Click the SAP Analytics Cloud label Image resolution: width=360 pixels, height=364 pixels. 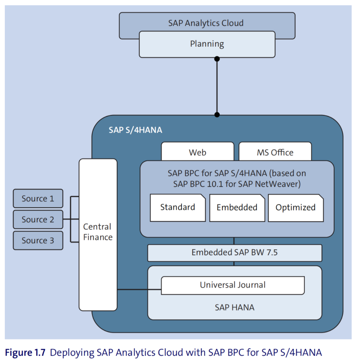coord(206,23)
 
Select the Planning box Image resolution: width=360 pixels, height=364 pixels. coord(207,44)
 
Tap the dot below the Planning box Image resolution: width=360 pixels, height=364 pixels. coord(217,59)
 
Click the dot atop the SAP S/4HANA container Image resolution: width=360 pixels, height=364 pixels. coord(217,115)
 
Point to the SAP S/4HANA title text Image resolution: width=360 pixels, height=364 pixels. coord(136,130)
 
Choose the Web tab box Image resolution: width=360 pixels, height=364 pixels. coord(198,151)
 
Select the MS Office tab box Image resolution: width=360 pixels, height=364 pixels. coord(275,151)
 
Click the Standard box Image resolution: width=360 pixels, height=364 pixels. coord(178,208)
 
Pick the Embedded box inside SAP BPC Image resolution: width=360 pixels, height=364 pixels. coord(237,208)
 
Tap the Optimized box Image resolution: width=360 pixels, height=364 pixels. coord(296,208)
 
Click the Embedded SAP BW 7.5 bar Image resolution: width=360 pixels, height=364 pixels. coord(235,253)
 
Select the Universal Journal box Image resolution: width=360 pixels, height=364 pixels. coord(233,285)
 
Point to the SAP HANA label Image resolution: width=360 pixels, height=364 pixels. coord(235,307)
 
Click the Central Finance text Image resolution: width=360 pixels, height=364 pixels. coord(98,232)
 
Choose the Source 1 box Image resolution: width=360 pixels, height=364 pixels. coord(38,199)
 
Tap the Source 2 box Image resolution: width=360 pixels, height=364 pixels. coord(38,219)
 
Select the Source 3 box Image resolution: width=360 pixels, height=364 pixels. coord(38,240)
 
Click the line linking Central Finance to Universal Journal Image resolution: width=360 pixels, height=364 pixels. coord(139,290)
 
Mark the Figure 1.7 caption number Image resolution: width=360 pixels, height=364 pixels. coord(25,352)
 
